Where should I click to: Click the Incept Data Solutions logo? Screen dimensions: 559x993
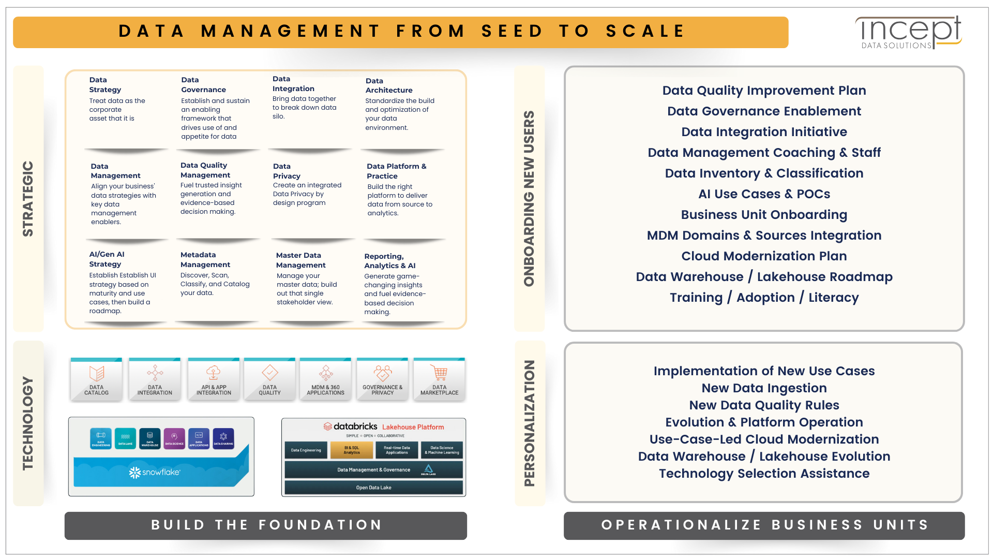coord(909,32)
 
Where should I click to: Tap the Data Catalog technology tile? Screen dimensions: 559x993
coord(97,379)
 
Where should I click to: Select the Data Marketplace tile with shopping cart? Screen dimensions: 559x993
coord(439,379)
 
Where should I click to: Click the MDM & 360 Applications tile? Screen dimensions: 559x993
coord(325,379)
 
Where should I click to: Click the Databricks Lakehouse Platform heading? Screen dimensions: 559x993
coord(384,426)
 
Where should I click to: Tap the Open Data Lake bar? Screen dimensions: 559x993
coord(373,488)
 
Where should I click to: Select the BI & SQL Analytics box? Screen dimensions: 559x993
coord(352,450)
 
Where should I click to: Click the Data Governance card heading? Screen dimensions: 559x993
coord(203,85)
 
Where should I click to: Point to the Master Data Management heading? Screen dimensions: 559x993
coord(300,260)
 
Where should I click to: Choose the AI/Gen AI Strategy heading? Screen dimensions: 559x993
coord(107,259)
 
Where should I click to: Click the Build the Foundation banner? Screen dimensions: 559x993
coord(266,525)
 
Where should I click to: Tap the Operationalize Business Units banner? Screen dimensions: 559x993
coord(764,525)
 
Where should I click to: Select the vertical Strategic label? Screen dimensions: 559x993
coord(28,199)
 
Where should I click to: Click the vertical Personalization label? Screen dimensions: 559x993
coord(530,423)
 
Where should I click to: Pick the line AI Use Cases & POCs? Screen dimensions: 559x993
coord(764,194)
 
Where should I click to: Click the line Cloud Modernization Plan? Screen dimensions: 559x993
coord(764,256)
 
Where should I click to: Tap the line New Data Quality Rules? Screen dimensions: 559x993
coord(764,405)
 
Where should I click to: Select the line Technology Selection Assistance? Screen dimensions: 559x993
coord(764,474)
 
